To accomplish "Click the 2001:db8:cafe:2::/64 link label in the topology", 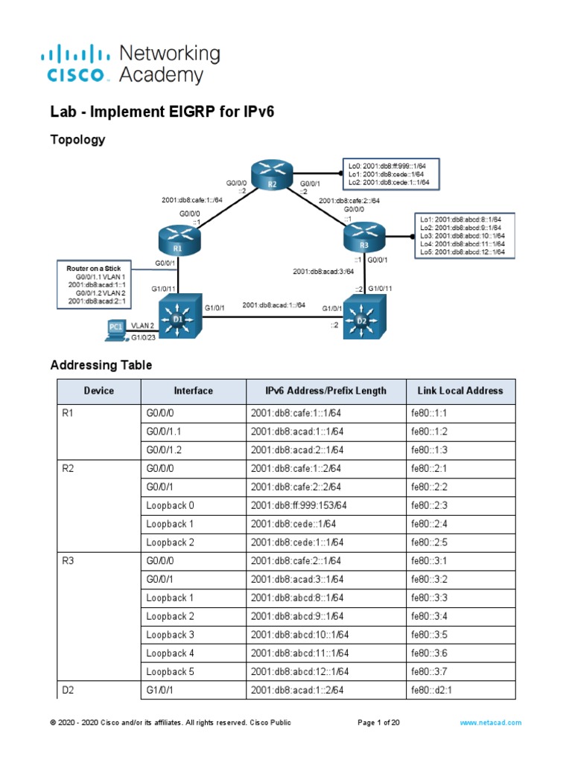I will click(x=349, y=200).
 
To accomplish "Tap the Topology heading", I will click(x=77, y=139).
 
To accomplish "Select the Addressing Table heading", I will click(x=101, y=365).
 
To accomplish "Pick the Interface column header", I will click(x=193, y=391).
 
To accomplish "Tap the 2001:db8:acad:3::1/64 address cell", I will click(x=297, y=580).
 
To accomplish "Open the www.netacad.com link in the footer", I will click(x=490, y=722).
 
